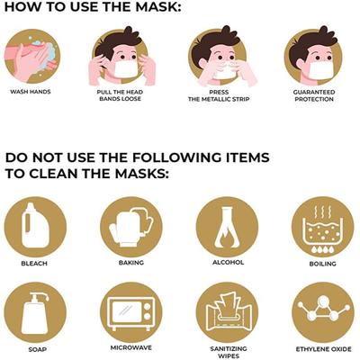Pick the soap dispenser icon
34,310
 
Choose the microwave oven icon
130,311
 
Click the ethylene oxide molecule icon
321,311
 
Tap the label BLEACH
34,265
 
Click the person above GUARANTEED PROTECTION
315,55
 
